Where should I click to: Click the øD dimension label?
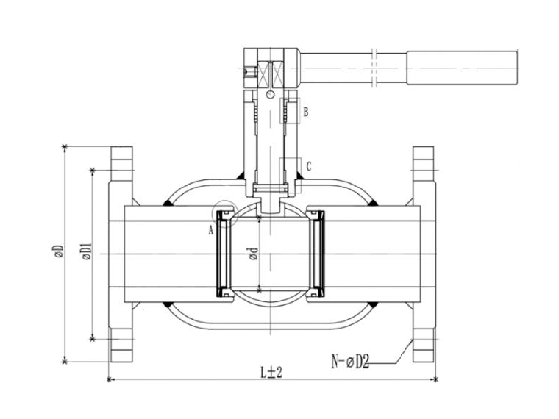pyautogui.click(x=59, y=251)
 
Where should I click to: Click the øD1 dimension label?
pyautogui.click(x=87, y=251)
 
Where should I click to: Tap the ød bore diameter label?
pyautogui.click(x=254, y=254)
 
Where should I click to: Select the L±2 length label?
pyautogui.click(x=271, y=373)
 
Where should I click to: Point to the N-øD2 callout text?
pyautogui.click(x=350, y=362)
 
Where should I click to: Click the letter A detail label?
pyautogui.click(x=211, y=231)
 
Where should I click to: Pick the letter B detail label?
pyautogui.click(x=305, y=112)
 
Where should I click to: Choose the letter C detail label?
pyautogui.click(x=309, y=166)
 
